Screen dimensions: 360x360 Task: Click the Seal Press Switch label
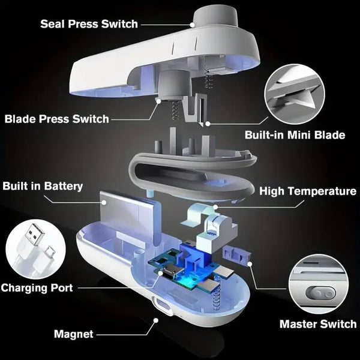point(89,24)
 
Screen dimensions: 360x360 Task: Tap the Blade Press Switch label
point(57,118)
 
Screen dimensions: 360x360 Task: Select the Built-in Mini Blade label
point(295,135)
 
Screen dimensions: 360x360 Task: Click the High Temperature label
point(308,191)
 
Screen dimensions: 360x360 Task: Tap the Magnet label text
point(74,334)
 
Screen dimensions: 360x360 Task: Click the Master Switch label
point(318,325)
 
